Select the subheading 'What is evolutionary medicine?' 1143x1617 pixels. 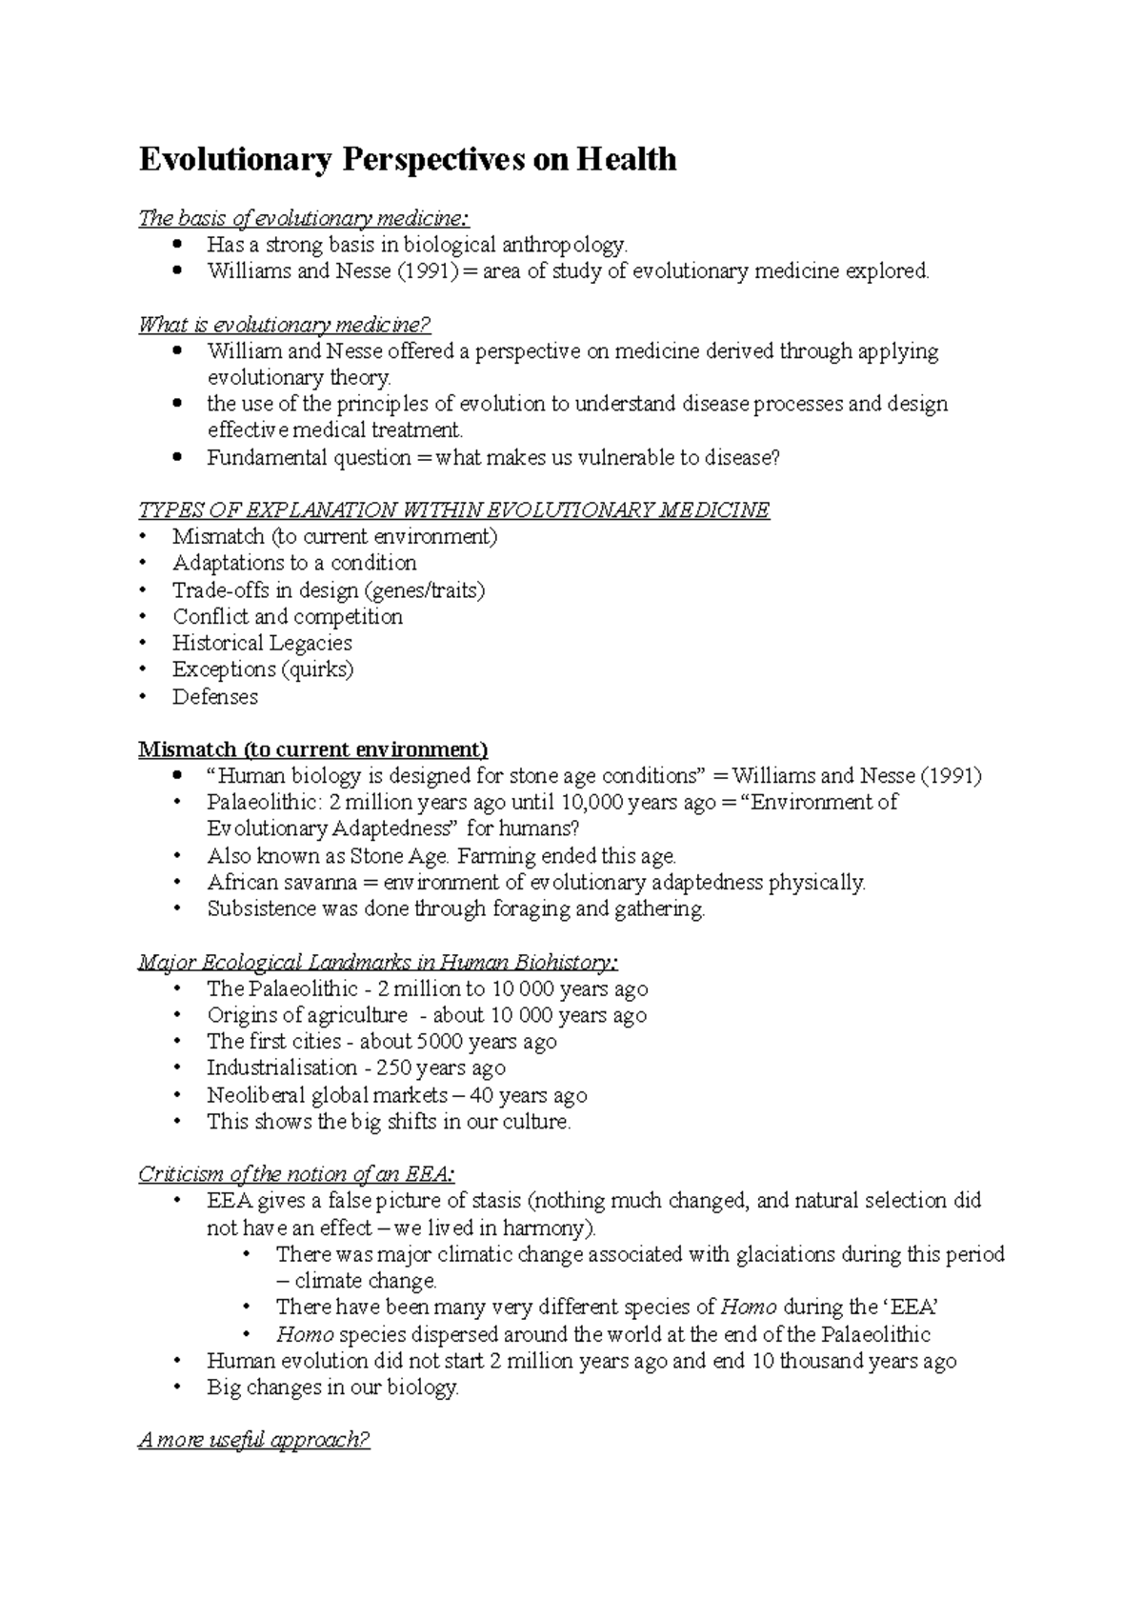point(285,326)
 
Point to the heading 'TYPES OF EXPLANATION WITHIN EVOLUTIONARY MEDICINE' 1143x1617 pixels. point(453,510)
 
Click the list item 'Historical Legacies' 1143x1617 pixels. point(262,644)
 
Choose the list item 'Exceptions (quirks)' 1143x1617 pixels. point(263,669)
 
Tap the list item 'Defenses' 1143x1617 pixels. point(215,697)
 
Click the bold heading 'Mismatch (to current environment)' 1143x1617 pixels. point(313,749)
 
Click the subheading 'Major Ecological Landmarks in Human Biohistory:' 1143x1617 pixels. point(378,963)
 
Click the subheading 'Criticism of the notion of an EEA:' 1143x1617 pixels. point(303,1174)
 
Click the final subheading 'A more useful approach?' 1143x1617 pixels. point(253,1440)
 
